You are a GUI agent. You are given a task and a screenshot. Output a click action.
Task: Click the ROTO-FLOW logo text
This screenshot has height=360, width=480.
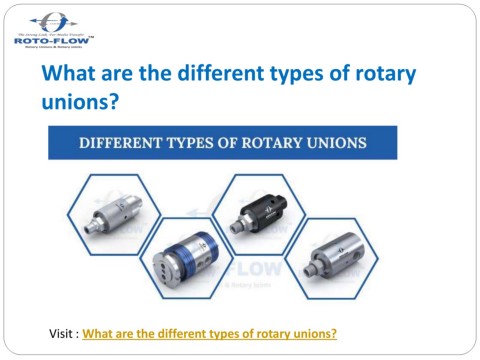pos(53,40)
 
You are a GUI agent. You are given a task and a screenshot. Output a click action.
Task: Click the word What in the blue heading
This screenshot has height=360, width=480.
pos(69,74)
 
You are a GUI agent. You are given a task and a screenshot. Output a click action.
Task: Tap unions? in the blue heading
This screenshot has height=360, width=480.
pos(79,101)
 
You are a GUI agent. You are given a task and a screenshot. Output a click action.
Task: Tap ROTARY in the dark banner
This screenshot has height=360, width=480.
pos(282,142)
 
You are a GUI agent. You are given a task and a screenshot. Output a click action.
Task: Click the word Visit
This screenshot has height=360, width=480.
pos(61,332)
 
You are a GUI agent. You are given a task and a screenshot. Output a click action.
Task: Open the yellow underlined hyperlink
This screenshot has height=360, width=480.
pos(209,332)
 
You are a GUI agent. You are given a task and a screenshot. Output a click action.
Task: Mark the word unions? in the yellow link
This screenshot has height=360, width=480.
pos(314,332)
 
